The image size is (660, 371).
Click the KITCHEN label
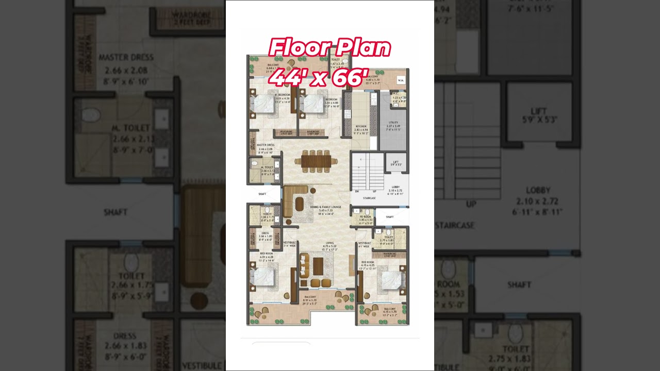click(x=360, y=126)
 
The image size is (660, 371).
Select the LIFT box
click(x=395, y=163)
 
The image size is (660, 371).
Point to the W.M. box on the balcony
click(x=400, y=80)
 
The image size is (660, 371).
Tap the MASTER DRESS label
click(x=266, y=145)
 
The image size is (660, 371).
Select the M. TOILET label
click(x=267, y=167)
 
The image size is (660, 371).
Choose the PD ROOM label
click(x=366, y=217)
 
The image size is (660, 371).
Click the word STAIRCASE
click(x=369, y=198)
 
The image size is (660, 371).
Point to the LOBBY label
click(x=395, y=187)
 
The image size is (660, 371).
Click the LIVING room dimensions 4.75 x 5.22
click(x=329, y=246)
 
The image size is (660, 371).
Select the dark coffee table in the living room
click(x=318, y=265)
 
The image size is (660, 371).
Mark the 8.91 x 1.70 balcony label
click(x=309, y=300)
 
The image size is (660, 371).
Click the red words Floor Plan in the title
click(x=329, y=48)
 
